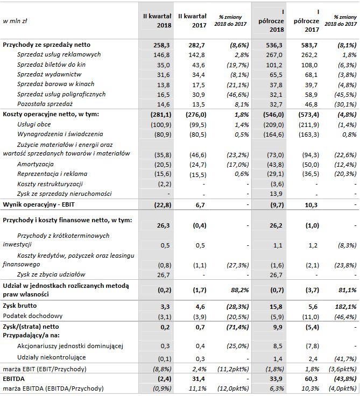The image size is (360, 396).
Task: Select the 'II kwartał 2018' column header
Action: (156, 21)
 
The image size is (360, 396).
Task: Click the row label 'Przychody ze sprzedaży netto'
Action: (47, 45)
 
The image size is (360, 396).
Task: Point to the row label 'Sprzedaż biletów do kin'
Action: (52, 64)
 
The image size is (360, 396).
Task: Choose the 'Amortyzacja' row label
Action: (36, 164)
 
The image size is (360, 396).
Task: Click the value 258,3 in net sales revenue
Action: (162, 45)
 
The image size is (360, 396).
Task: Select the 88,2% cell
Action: (236, 291)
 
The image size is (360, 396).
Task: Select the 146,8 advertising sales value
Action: (162, 55)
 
